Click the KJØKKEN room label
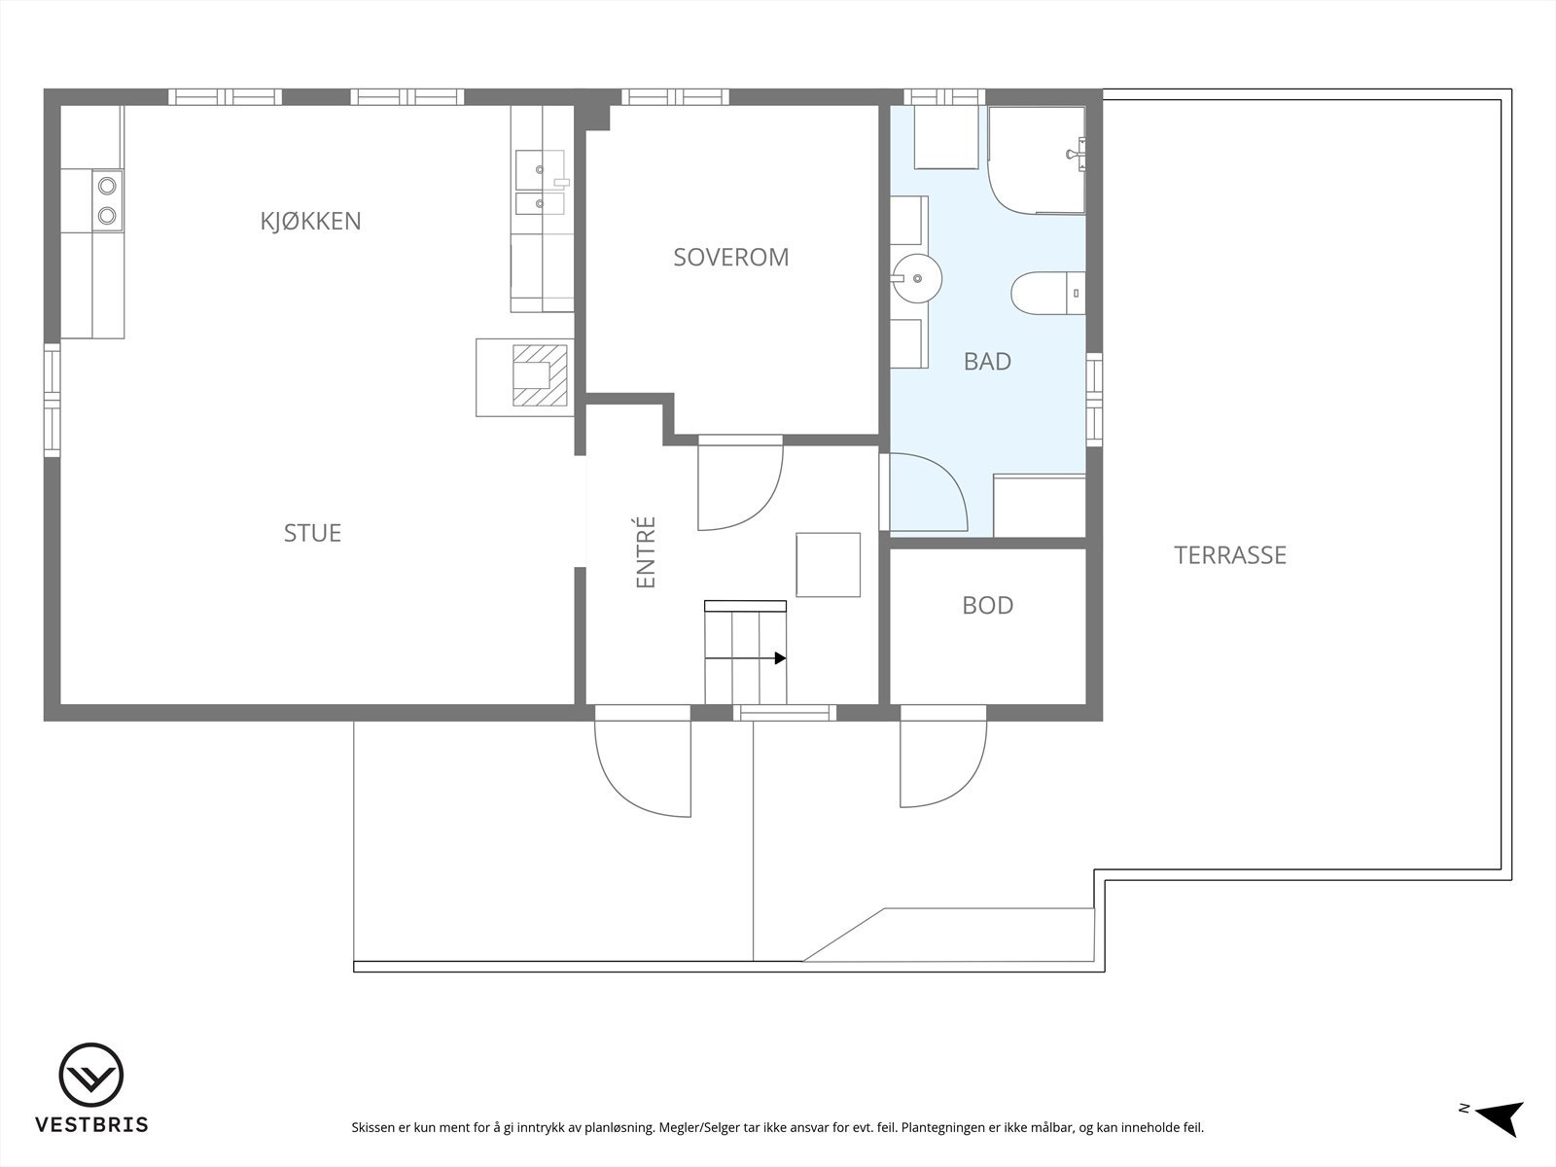(x=310, y=221)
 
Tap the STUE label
(x=312, y=533)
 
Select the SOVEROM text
(x=731, y=257)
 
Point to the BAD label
(x=987, y=362)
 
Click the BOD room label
(x=987, y=605)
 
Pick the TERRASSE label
(x=1230, y=555)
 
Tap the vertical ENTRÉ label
(x=647, y=551)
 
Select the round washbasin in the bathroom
(x=916, y=277)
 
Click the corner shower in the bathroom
(x=1036, y=160)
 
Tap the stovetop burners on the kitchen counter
(x=107, y=198)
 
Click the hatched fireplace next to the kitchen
(x=539, y=376)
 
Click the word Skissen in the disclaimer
(x=373, y=1128)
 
